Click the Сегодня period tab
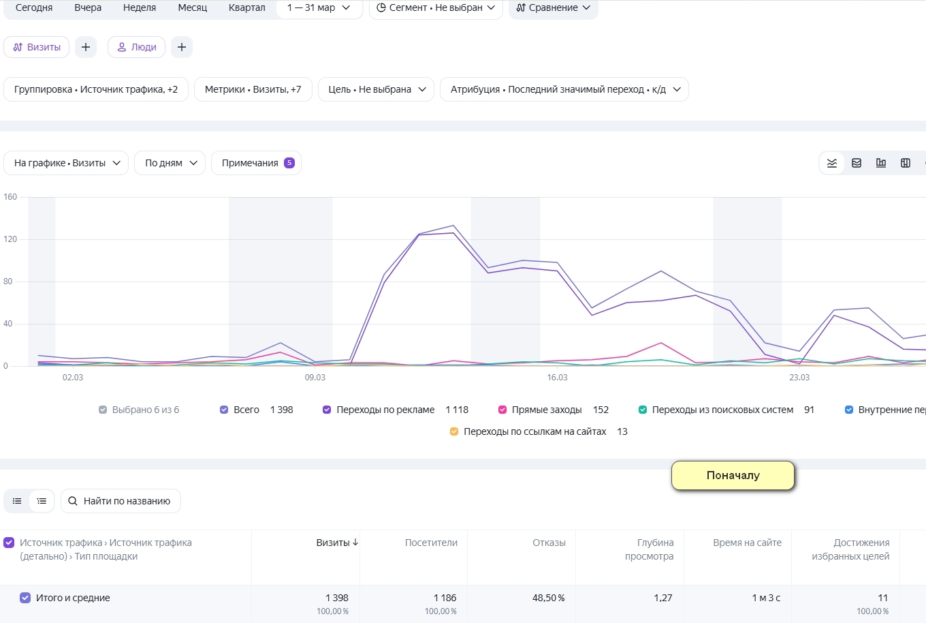[34, 7]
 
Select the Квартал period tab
[246, 7]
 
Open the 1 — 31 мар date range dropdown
[319, 7]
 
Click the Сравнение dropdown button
[553, 7]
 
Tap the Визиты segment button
[36, 47]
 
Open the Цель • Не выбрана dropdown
[376, 89]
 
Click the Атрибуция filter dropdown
[564, 89]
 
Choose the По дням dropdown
[170, 163]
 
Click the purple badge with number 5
[289, 163]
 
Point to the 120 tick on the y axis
[10, 239]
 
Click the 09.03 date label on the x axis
[315, 378]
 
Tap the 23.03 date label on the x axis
[799, 378]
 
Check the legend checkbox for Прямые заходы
[502, 410]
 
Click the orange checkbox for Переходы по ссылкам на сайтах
[454, 431]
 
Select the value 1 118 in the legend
[457, 410]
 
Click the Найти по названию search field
[121, 501]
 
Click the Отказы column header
[549, 543]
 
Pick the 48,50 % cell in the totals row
[548, 598]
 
